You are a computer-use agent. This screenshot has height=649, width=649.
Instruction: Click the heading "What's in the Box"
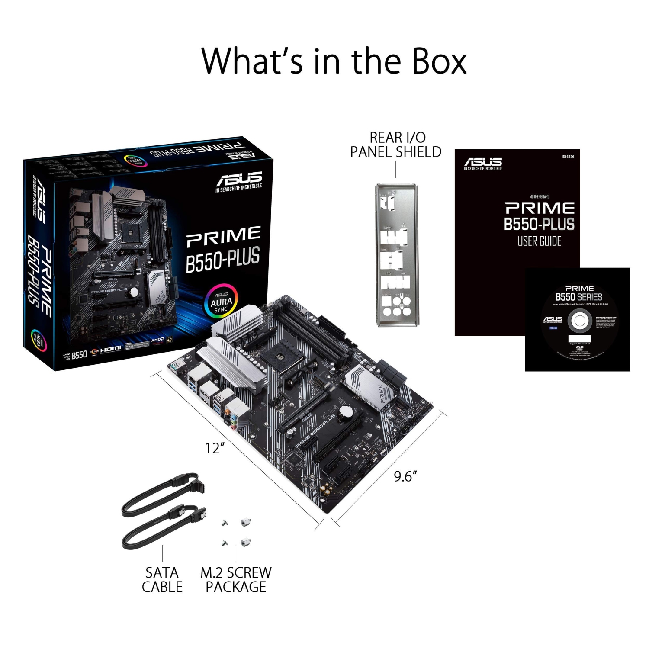334,61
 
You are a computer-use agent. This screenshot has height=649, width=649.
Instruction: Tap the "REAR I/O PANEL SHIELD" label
396,145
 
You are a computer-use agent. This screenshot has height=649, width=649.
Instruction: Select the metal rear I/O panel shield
397,255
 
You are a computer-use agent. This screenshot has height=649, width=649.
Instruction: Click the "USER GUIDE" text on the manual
539,241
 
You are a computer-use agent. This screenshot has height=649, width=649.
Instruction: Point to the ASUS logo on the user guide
483,164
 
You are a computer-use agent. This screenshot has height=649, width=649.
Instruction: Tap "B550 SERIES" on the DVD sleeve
579,297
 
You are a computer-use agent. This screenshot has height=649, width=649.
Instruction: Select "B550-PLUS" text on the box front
223,260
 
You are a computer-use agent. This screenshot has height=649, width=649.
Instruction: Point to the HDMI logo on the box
111,349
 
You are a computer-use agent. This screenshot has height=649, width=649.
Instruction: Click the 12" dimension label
215,448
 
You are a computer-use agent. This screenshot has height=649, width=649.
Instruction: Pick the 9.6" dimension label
405,476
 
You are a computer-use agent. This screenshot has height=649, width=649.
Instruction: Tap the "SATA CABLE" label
162,580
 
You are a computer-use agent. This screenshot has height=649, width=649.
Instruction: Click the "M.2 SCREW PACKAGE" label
236,580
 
